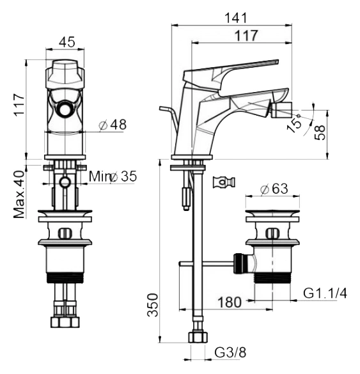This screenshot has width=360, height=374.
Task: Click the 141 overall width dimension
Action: (x=236, y=18)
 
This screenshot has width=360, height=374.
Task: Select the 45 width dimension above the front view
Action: (x=67, y=42)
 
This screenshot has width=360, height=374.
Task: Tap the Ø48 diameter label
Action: (x=113, y=125)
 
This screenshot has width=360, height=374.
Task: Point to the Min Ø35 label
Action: (x=113, y=176)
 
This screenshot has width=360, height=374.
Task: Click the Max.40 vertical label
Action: (x=19, y=194)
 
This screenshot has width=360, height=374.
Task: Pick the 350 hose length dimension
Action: (x=153, y=305)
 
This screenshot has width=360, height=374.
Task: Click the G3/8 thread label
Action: (x=230, y=352)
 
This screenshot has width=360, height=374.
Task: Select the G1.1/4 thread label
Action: (x=325, y=293)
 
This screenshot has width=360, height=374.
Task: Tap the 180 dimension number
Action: (x=230, y=302)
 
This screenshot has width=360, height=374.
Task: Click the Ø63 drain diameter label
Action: (x=274, y=189)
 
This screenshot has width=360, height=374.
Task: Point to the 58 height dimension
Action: (x=320, y=132)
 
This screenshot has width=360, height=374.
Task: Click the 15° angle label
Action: (x=294, y=123)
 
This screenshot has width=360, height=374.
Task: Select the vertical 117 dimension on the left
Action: (x=19, y=105)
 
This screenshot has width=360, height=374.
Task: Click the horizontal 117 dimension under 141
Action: (x=246, y=35)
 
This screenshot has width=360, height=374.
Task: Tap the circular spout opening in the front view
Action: (x=65, y=110)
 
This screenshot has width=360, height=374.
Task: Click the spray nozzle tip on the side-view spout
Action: (x=282, y=109)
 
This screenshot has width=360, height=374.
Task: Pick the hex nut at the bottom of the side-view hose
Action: (x=198, y=337)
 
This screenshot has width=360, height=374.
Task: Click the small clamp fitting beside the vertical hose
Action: (x=224, y=182)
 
